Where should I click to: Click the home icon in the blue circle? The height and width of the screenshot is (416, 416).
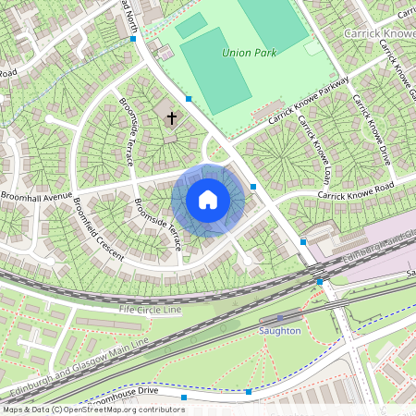coord(208,200)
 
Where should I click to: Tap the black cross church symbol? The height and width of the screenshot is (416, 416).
coord(171,116)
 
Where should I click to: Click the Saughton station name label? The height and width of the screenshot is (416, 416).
coord(280,330)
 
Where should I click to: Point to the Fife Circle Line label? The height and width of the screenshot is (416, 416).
coord(151,310)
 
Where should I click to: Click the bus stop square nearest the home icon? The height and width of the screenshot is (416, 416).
coord(253,187)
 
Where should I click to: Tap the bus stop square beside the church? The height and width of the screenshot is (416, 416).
coord(189,98)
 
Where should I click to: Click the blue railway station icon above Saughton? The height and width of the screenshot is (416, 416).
coord(279,318)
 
